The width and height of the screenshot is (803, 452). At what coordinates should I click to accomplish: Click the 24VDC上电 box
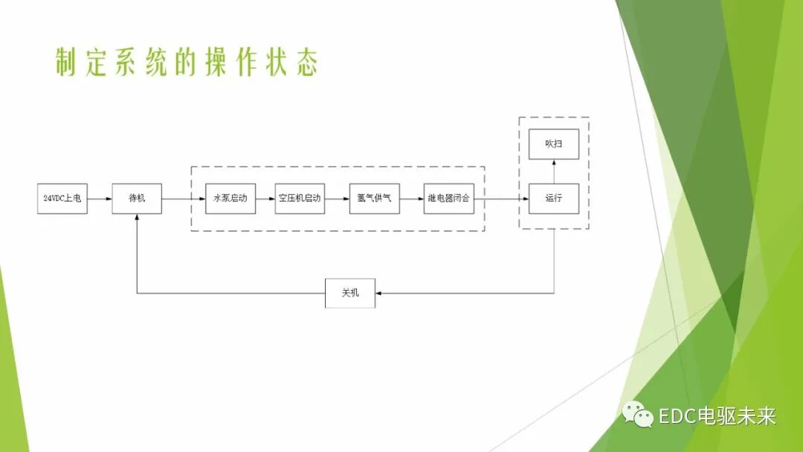(62, 198)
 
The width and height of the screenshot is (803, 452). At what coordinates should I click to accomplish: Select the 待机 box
(137, 198)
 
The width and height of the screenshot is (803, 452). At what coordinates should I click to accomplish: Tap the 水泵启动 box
(230, 198)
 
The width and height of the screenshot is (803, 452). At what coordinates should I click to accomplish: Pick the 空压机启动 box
(300, 198)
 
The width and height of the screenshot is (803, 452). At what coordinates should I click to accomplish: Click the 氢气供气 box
(374, 198)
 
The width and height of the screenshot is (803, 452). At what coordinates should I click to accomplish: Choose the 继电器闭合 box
(449, 198)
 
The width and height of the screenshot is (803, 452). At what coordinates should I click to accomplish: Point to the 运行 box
(553, 198)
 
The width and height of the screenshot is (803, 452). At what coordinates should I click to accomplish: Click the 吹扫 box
(553, 143)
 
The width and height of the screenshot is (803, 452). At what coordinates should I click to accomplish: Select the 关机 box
(350, 293)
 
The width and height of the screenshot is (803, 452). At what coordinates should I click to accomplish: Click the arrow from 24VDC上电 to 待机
(100, 198)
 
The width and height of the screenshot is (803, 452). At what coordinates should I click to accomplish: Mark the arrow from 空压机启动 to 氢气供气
(337, 198)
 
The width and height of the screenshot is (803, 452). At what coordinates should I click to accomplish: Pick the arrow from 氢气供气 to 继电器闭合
(412, 198)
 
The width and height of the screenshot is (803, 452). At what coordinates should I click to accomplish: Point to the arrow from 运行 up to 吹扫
(553, 171)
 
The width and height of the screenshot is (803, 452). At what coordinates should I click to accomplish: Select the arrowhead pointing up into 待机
(137, 219)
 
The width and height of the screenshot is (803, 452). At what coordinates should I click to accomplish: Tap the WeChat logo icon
(639, 414)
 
